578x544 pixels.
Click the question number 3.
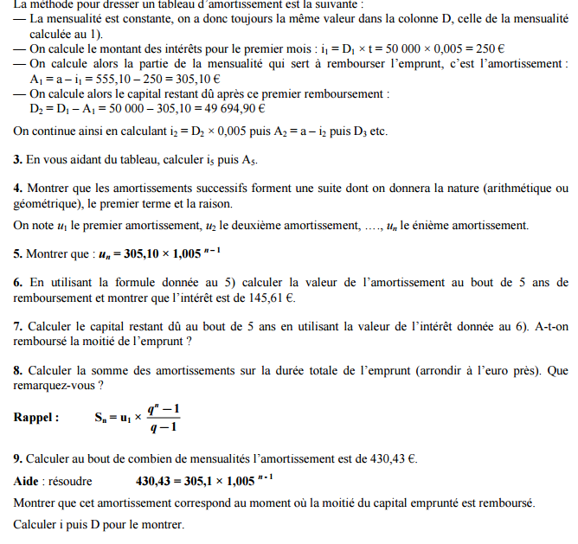[18, 160]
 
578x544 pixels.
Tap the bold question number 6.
[18, 282]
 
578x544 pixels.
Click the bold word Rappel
[35, 417]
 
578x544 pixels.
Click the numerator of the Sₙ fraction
[163, 407]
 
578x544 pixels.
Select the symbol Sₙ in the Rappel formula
[101, 417]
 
